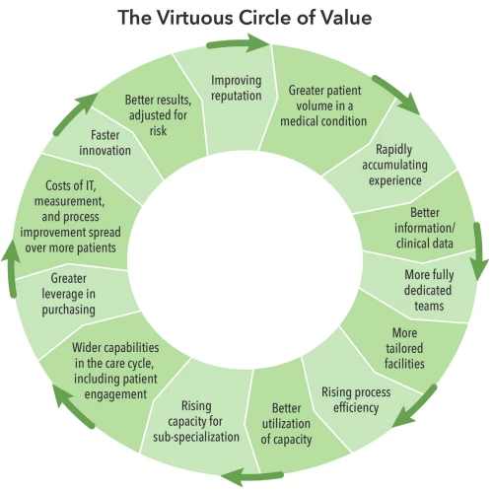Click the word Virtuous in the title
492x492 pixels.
click(194, 18)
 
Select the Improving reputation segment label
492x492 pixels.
click(237, 88)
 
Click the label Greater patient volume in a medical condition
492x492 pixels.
click(323, 105)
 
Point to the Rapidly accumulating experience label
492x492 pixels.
click(394, 165)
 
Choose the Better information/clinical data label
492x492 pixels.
click(425, 228)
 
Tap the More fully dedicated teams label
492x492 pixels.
click(429, 290)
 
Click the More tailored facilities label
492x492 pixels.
click(404, 348)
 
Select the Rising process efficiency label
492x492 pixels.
click(356, 399)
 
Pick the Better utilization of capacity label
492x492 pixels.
click(286, 424)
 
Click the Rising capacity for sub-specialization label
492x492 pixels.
click(196, 422)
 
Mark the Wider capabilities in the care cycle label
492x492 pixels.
click(115, 371)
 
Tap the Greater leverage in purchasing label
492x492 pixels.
click(68, 294)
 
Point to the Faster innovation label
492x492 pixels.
click(105, 143)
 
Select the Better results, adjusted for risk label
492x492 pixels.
click(158, 115)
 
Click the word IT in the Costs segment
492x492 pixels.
click(90, 185)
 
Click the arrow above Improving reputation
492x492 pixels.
click(238, 42)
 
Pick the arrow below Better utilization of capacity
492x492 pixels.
click(252, 477)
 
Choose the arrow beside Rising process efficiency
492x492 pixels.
click(415, 406)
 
